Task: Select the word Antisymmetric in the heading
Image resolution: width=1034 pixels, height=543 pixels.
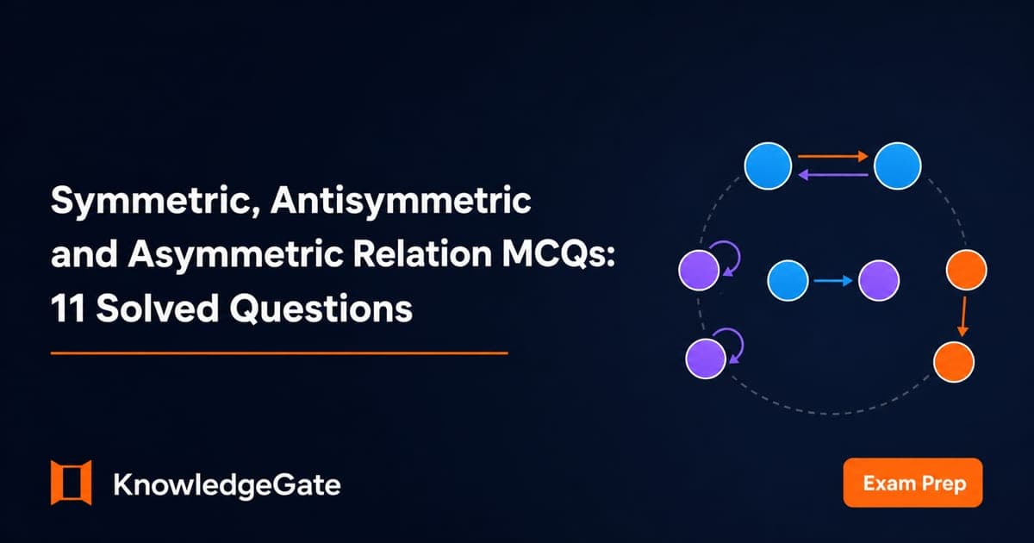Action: point(401,200)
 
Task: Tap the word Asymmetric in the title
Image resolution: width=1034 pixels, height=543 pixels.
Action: point(236,255)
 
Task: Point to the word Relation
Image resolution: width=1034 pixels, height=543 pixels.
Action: point(423,254)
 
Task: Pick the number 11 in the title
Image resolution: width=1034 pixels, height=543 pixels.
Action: point(68,309)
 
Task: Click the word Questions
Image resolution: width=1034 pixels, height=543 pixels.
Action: point(321,309)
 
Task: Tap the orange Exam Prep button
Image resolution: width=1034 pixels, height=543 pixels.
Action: point(913,483)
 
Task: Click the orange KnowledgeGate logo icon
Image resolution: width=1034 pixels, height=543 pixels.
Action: point(71,483)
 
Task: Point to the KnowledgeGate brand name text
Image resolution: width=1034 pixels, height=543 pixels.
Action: point(227,484)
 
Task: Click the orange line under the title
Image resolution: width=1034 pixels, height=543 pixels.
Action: point(279,353)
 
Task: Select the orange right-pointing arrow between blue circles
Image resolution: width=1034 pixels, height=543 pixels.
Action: point(832,157)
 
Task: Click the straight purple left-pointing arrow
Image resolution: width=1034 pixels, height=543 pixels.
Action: point(832,174)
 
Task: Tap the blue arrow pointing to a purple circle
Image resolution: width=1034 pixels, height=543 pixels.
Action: point(832,280)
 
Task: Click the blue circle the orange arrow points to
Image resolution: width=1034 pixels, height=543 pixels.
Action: point(897,165)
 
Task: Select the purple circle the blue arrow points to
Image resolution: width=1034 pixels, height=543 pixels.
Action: point(879,281)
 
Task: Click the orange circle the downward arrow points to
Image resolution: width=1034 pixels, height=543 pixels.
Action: point(954,362)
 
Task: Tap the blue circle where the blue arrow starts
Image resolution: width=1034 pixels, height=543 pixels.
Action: point(788,281)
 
